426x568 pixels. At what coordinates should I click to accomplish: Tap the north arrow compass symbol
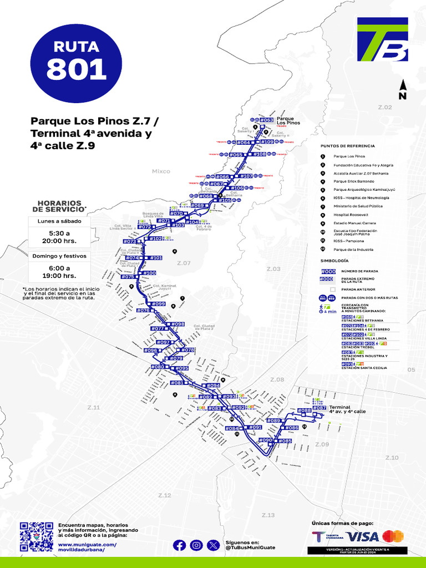tap(403, 89)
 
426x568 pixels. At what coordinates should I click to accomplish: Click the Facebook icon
tap(179, 545)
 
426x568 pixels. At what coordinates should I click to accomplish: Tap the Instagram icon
tap(196, 545)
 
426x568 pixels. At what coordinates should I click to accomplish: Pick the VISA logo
tap(363, 536)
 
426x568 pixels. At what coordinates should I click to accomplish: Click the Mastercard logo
tap(393, 536)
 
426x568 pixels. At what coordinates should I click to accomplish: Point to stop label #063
tap(267, 120)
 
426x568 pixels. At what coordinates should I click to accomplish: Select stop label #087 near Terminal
tap(319, 408)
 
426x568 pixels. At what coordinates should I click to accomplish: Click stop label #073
tap(130, 242)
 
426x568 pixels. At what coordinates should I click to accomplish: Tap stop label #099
tap(158, 304)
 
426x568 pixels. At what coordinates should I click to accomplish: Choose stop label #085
tap(285, 441)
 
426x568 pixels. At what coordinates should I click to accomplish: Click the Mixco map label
tap(161, 171)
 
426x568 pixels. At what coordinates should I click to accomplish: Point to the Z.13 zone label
tap(268, 515)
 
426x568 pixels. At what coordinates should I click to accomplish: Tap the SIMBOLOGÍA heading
tap(334, 260)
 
